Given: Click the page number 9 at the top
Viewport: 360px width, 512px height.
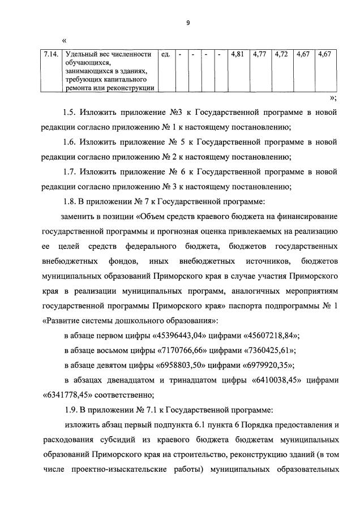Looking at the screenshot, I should pos(187,23).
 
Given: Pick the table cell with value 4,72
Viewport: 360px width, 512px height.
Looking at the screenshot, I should pos(281,55).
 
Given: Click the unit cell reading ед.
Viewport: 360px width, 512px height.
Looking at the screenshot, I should pos(166,55).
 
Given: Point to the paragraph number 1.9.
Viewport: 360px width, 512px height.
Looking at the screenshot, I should pos(72,407).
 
